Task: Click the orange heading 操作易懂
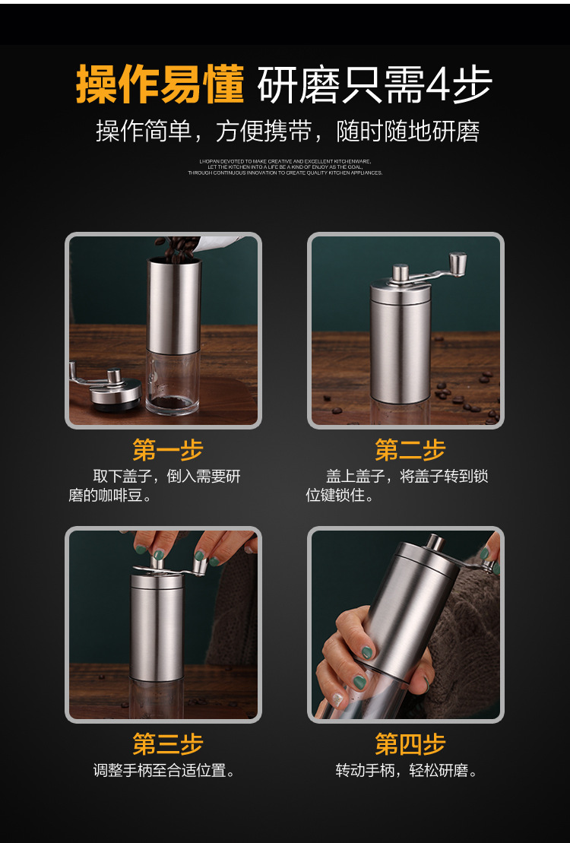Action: [160, 84]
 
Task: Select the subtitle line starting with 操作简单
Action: [287, 131]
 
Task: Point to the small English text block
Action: [285, 167]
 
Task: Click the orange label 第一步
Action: [167, 449]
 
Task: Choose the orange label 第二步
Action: [410, 449]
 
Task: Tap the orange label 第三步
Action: [167, 743]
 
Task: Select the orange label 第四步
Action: [410, 743]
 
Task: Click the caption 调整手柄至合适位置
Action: [163, 770]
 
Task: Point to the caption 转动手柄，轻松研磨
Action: [407, 770]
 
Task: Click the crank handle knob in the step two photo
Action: [458, 264]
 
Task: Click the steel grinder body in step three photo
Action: [157, 627]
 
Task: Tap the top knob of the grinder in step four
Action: [433, 543]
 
